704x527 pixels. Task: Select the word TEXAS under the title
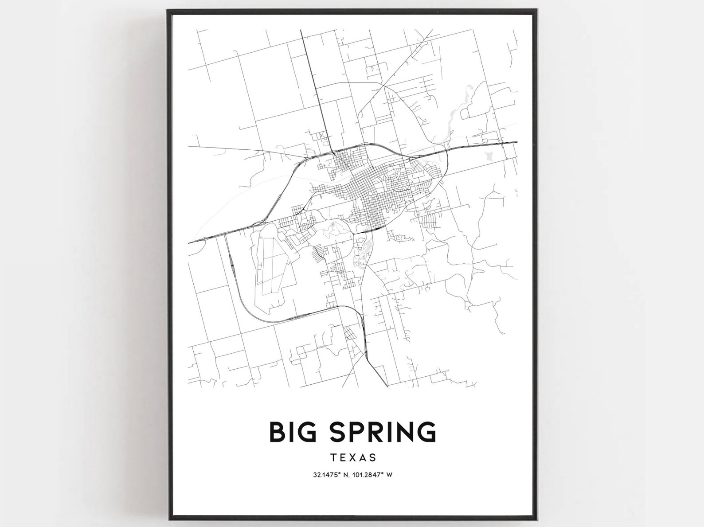coord(352,457)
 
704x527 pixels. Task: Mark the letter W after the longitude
coord(390,475)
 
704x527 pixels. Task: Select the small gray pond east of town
coord(489,156)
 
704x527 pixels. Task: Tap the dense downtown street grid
coord(372,199)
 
